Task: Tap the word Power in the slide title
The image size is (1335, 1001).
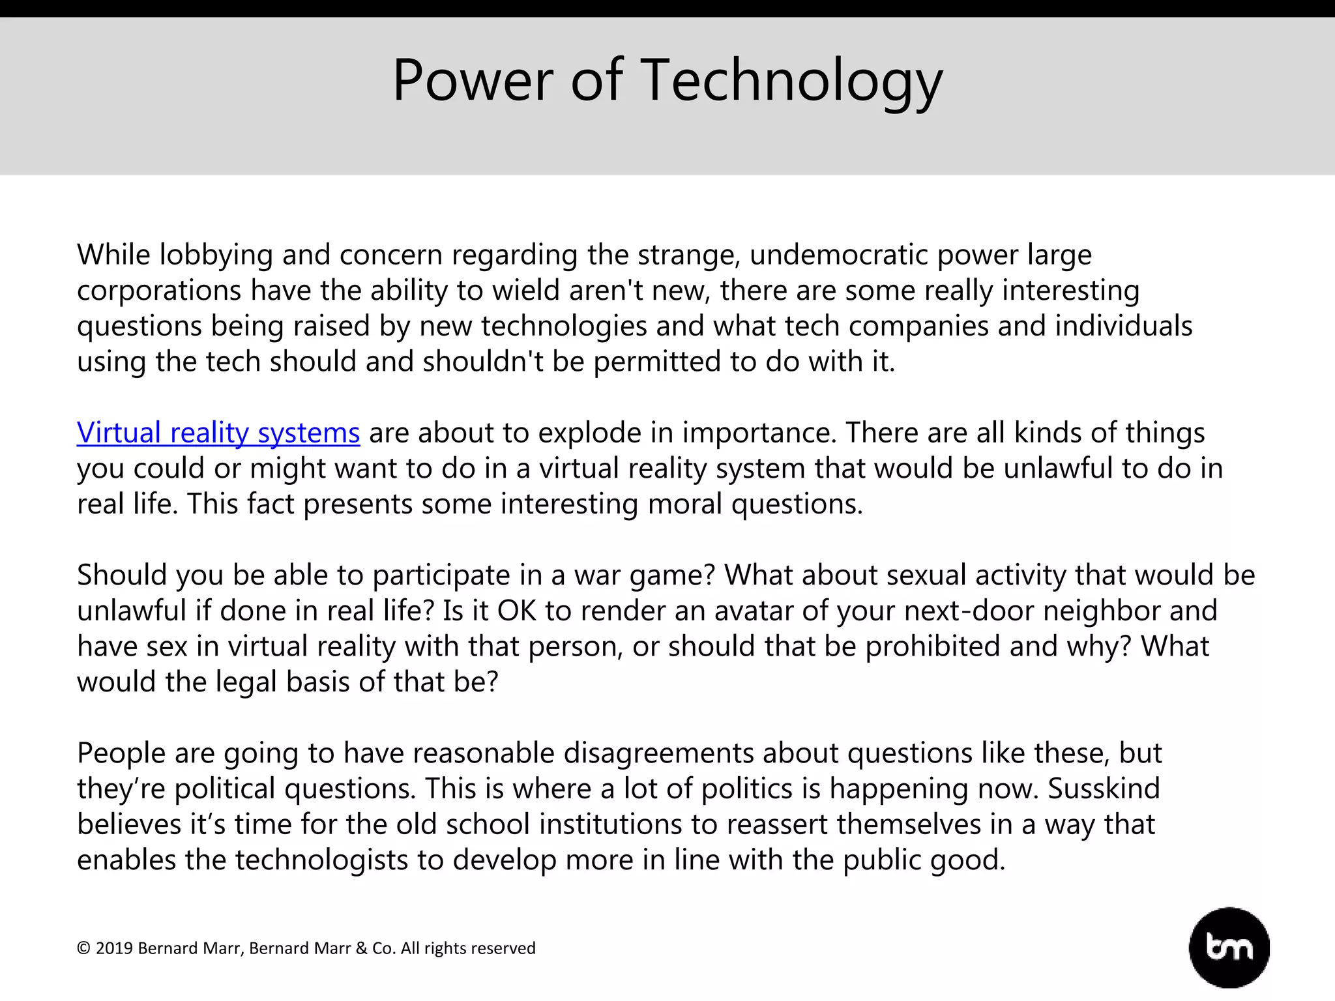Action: click(473, 81)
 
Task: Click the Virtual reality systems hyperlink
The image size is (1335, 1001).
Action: click(218, 433)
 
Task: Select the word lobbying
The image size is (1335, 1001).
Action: click(216, 255)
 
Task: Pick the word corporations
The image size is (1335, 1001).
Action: click(159, 291)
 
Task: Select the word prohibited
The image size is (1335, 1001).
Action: click(950, 646)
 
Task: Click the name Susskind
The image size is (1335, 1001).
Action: click(1104, 789)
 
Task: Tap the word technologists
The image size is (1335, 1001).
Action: click(321, 860)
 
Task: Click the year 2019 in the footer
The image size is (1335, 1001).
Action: click(114, 948)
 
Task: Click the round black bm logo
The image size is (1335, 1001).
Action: click(1229, 948)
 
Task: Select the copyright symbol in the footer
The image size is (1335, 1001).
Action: click(83, 948)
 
